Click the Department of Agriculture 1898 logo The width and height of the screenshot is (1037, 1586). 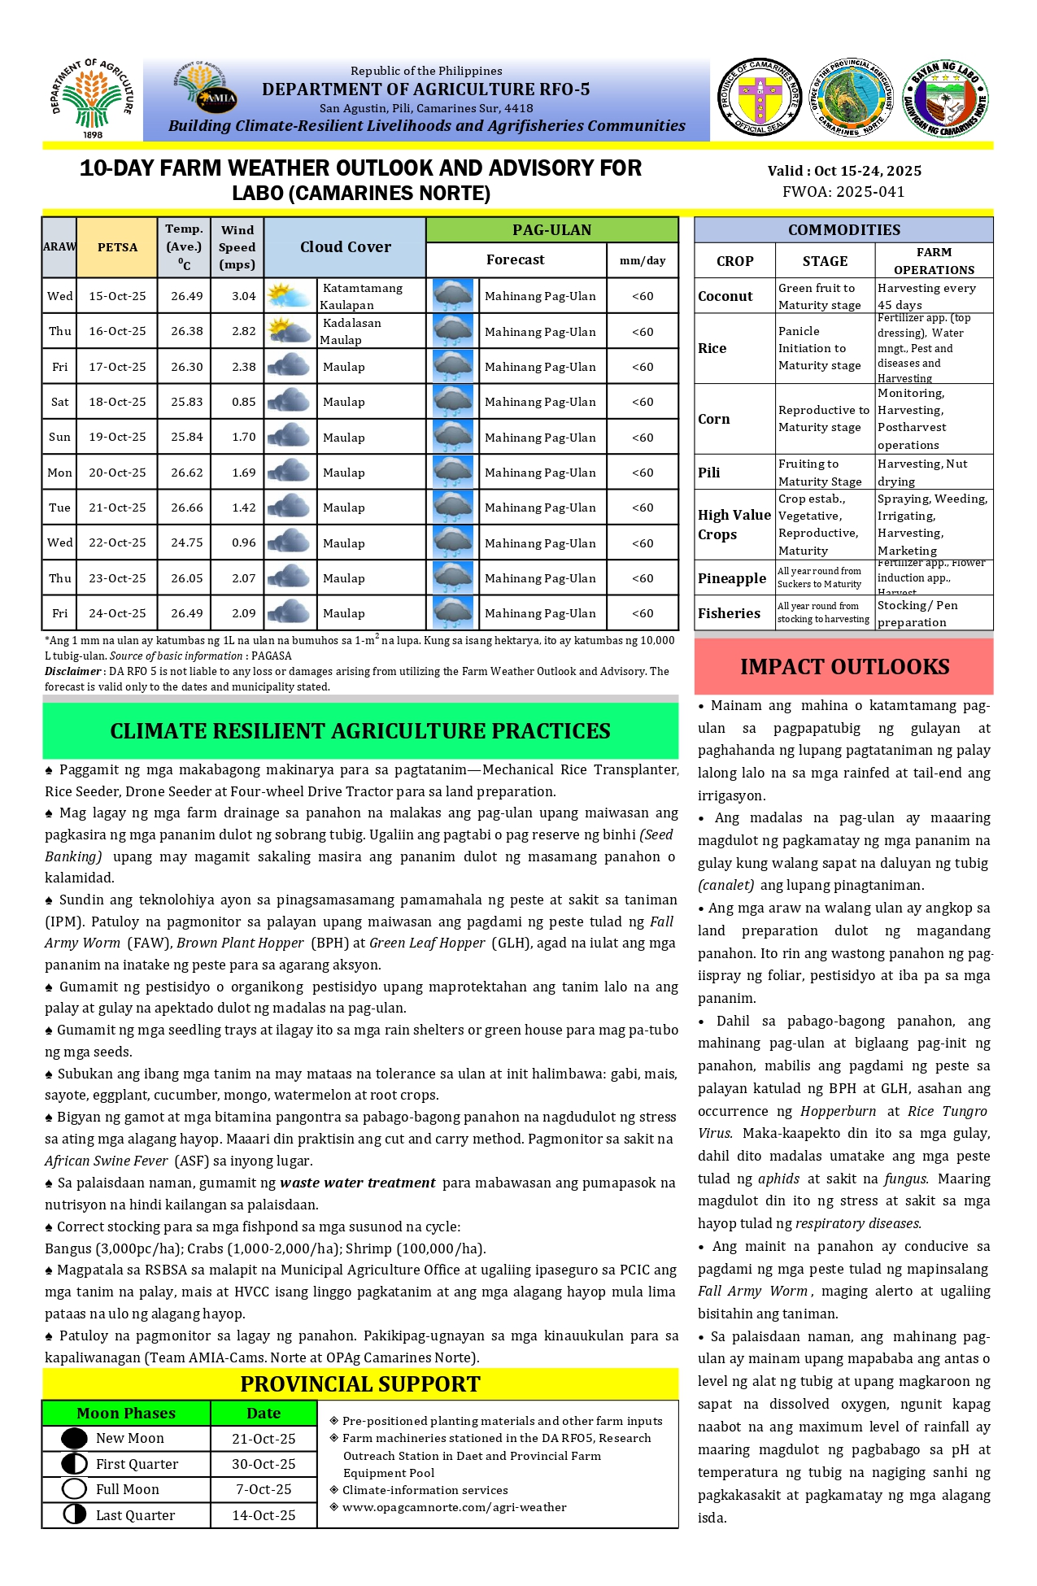(x=92, y=98)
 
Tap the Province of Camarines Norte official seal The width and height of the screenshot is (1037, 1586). (x=760, y=97)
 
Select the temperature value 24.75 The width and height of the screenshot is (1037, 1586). (x=187, y=542)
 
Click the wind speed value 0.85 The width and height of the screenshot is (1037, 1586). (x=243, y=402)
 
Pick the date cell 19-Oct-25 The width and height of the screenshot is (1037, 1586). (x=117, y=437)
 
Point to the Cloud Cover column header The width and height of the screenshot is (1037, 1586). (x=345, y=247)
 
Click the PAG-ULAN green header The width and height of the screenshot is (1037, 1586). (x=551, y=230)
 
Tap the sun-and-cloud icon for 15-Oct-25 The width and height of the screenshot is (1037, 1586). (x=289, y=295)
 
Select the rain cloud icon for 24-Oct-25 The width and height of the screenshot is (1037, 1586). (x=453, y=612)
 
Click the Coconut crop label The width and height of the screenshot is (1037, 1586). (x=725, y=296)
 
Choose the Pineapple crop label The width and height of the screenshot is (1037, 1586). (x=731, y=578)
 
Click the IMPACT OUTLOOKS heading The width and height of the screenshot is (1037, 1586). (x=843, y=667)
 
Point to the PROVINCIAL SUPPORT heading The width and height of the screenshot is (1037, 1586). (x=360, y=1384)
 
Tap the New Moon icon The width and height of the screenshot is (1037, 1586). (x=74, y=1438)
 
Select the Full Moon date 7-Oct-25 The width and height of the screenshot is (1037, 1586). (x=264, y=1489)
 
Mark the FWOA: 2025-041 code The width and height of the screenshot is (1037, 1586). (x=843, y=192)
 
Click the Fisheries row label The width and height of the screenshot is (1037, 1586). (x=729, y=613)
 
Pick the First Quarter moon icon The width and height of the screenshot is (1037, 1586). (x=74, y=1464)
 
